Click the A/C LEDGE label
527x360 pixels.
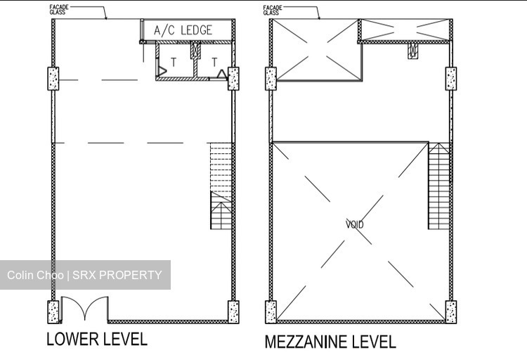[x=183, y=30]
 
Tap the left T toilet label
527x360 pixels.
[x=174, y=63]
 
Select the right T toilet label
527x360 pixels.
[x=214, y=63]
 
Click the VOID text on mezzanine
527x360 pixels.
[x=355, y=224]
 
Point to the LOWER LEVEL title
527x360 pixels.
[x=97, y=339]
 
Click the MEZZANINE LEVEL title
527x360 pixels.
[x=330, y=342]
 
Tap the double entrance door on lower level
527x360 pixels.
[x=85, y=309]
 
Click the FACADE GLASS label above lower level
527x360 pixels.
[x=59, y=9]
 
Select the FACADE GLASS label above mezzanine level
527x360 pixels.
[x=273, y=10]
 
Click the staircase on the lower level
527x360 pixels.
[x=221, y=186]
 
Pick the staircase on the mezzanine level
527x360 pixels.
[x=438, y=186]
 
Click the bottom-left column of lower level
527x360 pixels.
[x=53, y=312]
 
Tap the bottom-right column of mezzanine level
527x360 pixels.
[x=451, y=312]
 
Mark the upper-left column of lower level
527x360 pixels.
[x=53, y=79]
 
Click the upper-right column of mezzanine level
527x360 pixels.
[x=451, y=79]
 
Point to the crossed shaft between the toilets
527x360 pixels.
[x=195, y=51]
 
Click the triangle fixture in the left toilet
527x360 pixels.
[x=162, y=71]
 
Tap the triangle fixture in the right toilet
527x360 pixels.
[x=221, y=75]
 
